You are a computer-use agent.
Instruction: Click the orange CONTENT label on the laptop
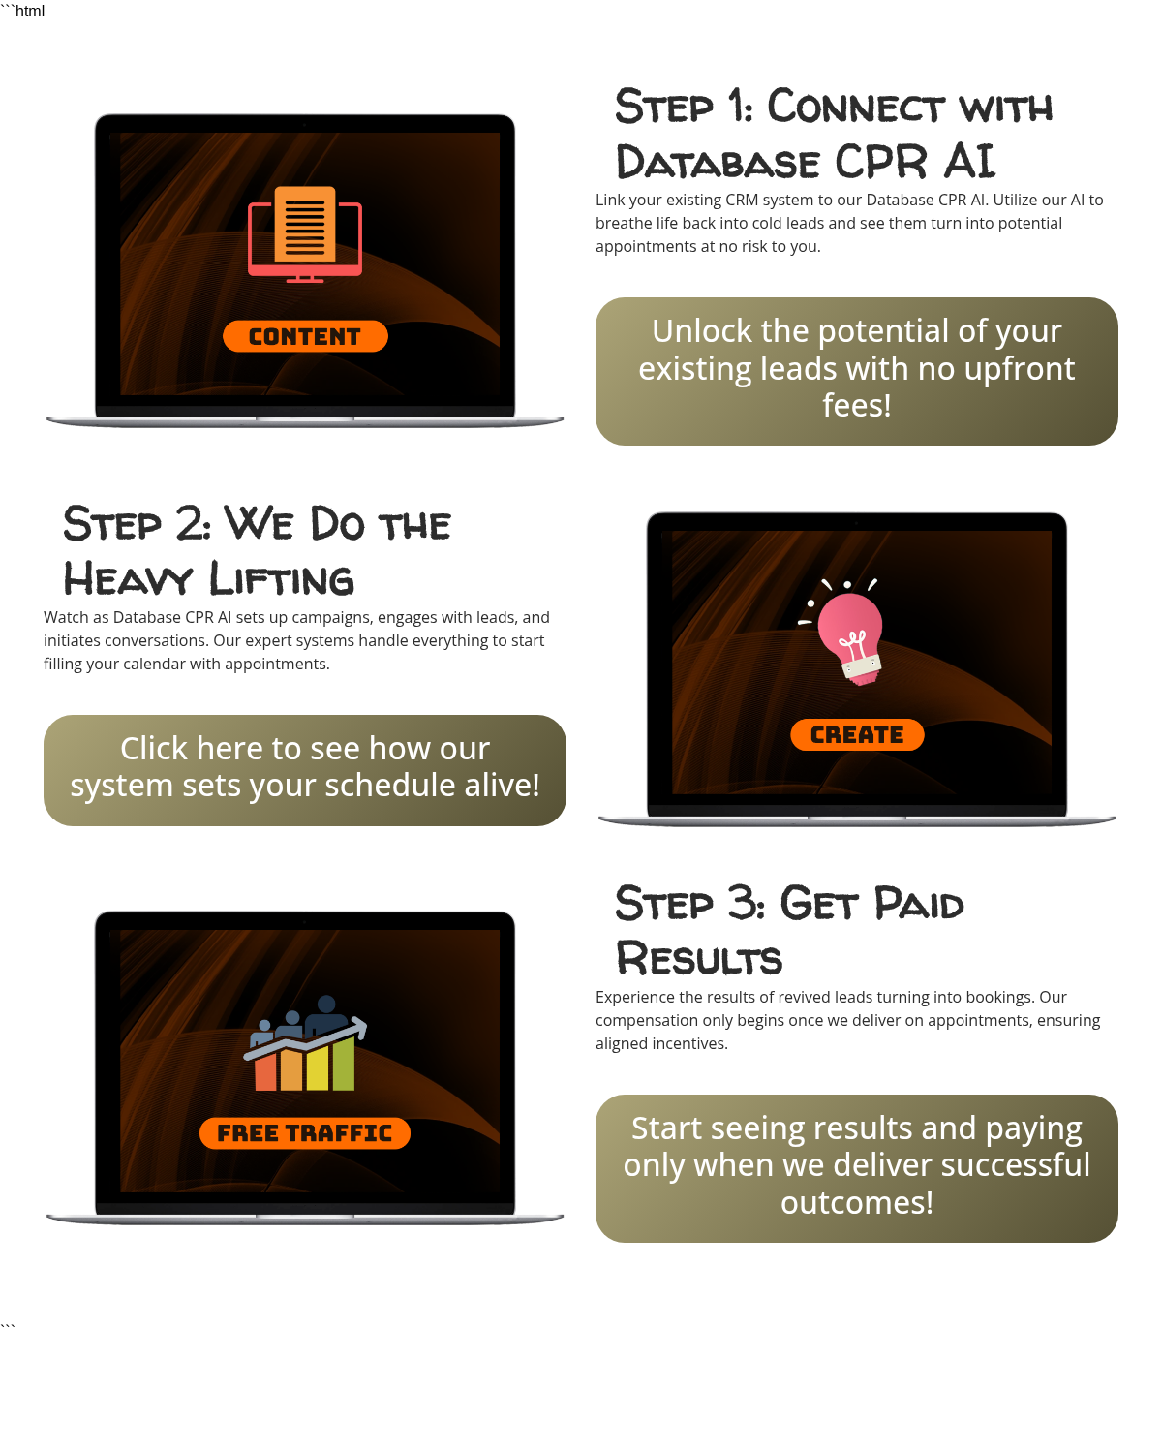305,336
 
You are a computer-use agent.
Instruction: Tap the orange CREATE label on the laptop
857,734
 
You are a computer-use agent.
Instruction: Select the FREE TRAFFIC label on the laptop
304,1133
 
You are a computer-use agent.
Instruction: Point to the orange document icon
305,224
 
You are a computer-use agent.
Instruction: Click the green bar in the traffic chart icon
344,1065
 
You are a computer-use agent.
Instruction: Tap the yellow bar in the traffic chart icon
318,1068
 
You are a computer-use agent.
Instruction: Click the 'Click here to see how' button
304,770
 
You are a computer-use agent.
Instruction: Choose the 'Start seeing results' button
856,1169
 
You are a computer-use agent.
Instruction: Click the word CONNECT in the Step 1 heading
856,108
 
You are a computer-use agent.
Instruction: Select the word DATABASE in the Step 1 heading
719,164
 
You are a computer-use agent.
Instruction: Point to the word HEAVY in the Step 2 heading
128,579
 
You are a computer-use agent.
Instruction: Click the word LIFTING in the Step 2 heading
282,579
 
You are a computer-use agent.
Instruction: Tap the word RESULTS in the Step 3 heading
699,959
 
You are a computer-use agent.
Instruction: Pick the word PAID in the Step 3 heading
919,904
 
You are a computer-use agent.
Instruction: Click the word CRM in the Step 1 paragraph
742,201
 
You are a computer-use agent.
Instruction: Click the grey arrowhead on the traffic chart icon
358,1028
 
